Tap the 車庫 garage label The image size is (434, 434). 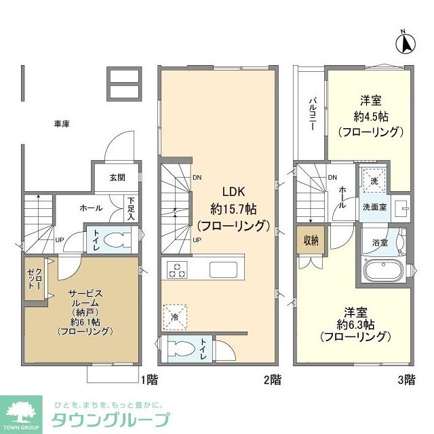62,124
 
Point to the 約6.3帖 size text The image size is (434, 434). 355,324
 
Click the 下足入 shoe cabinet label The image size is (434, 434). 130,208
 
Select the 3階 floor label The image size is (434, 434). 406,380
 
